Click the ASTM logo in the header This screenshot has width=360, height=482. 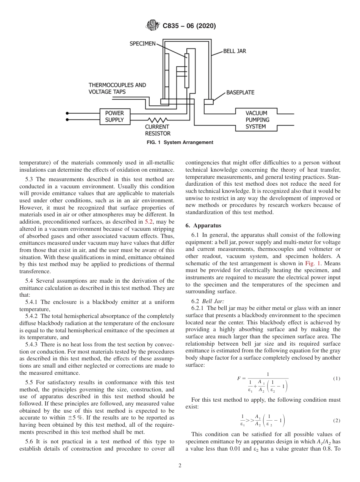point(153,26)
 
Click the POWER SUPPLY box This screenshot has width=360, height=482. point(114,116)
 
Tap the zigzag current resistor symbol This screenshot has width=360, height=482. point(157,119)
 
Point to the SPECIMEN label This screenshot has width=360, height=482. point(142,44)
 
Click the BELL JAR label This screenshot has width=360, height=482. point(234,51)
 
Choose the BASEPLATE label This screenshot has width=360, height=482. point(240,92)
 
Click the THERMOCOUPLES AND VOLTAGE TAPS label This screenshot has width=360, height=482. point(117,88)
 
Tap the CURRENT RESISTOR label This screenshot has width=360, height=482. point(157,130)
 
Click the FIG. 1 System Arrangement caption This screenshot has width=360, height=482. point(180,142)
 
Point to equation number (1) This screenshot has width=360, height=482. point(336,379)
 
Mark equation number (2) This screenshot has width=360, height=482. point(336,421)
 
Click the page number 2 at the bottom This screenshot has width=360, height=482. point(180,466)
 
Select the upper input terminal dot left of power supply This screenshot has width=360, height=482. point(67,113)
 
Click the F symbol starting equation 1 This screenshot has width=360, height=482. point(239,379)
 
